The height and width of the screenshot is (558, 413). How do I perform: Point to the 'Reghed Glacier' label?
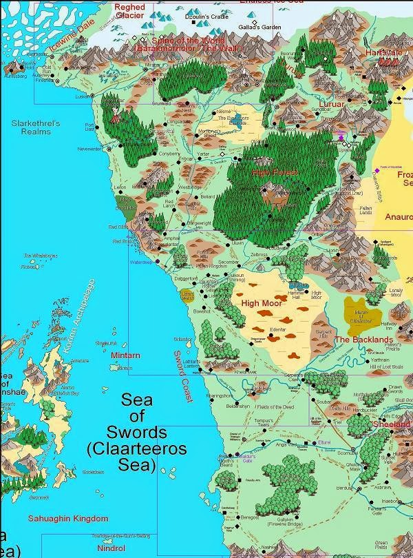[x=130, y=11]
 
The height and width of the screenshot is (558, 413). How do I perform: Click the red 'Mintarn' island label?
[x=125, y=355]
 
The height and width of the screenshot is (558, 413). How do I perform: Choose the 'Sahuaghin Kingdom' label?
[x=67, y=518]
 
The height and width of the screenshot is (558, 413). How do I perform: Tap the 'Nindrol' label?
[x=110, y=548]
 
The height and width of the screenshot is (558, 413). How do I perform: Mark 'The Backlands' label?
[x=363, y=340]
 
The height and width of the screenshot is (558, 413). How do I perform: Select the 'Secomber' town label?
[x=229, y=262]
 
